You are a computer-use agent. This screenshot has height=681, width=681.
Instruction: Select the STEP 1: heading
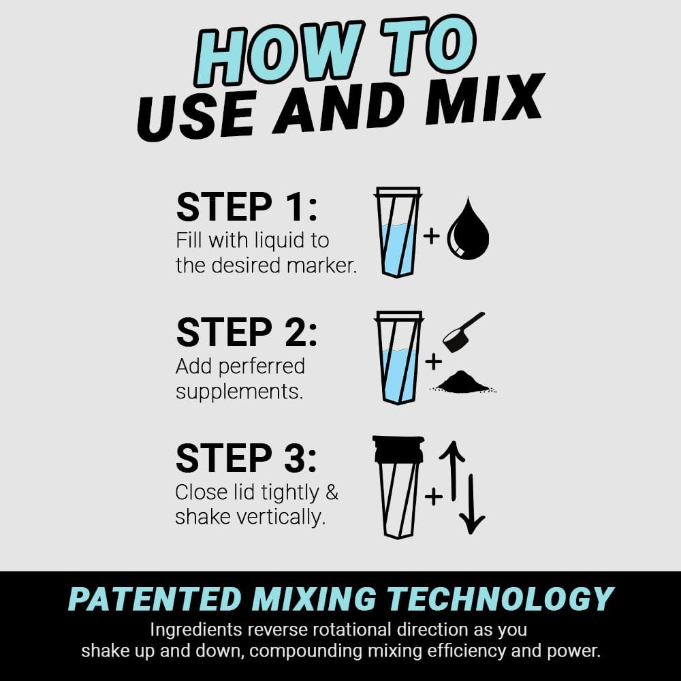(247, 208)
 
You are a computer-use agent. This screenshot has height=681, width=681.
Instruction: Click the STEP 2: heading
(247, 332)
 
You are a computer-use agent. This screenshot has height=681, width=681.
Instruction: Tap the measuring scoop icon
(462, 332)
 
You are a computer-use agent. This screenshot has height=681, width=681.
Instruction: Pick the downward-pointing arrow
(471, 504)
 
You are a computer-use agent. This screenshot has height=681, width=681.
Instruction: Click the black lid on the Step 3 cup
(398, 449)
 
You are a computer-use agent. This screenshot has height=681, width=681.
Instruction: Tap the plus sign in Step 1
(432, 236)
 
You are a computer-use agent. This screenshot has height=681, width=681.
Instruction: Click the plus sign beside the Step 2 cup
(433, 362)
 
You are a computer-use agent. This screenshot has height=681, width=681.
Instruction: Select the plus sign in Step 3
(433, 496)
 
